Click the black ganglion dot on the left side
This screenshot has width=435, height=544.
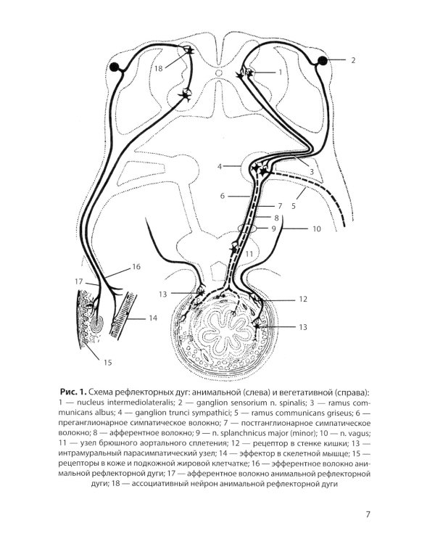pos(115,67)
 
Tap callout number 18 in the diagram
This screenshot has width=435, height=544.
pos(159,68)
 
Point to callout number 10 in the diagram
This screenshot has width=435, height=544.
pos(316,229)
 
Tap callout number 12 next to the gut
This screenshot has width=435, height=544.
pos(303,298)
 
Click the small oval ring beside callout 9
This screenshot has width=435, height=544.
pos(249,229)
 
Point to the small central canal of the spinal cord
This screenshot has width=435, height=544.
pos(218,73)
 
